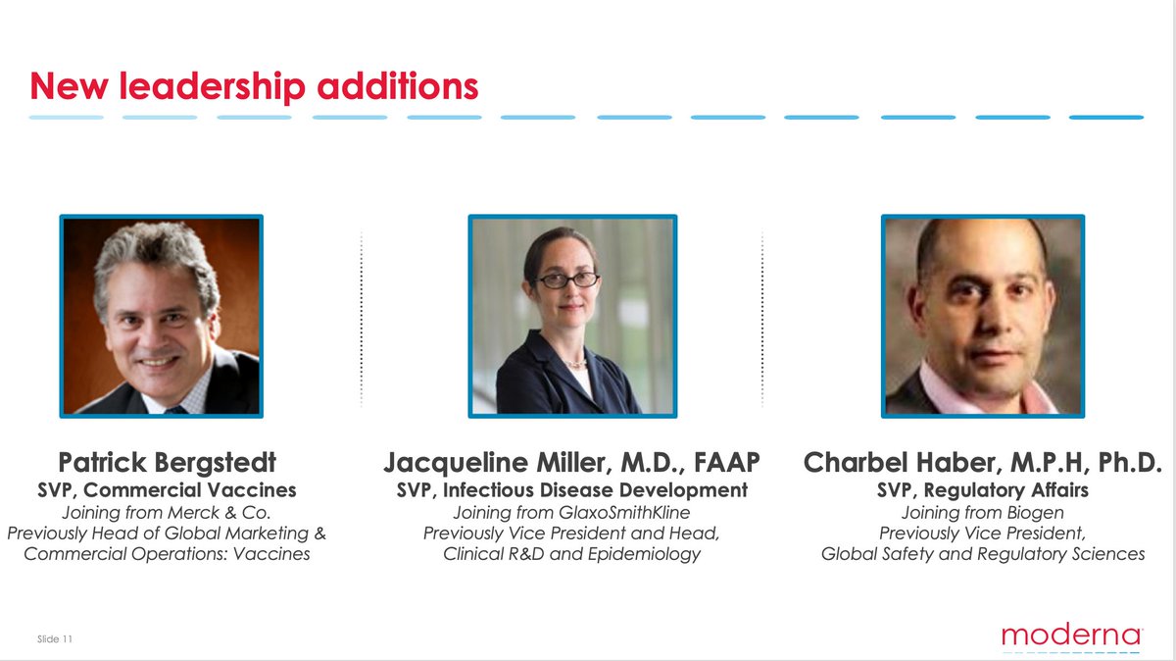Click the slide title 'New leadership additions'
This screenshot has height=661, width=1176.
[x=254, y=86]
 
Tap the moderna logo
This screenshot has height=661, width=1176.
[x=1071, y=636]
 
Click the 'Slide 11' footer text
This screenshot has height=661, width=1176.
[x=55, y=638]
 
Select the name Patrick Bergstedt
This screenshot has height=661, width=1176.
[x=167, y=462]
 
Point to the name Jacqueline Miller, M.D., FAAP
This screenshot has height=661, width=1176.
[x=571, y=463]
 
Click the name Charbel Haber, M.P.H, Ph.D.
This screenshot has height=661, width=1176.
[x=982, y=462]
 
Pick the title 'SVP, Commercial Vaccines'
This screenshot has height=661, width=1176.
[x=167, y=489]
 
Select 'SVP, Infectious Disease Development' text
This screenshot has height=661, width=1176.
[x=571, y=489]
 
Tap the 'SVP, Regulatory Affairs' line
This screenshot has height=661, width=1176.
[x=982, y=489]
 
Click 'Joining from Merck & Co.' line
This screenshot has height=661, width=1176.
[x=167, y=512]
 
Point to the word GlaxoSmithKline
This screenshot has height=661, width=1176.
[x=624, y=512]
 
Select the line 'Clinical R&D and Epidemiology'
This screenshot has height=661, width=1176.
[x=571, y=554]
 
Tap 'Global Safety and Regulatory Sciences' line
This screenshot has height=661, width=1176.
[x=983, y=554]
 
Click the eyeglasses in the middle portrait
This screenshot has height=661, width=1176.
[x=567, y=280]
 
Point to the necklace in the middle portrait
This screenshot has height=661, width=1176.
[x=576, y=363]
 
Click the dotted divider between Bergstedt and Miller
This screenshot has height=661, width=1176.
[x=362, y=319]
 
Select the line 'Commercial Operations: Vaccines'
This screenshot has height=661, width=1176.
[x=167, y=554]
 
